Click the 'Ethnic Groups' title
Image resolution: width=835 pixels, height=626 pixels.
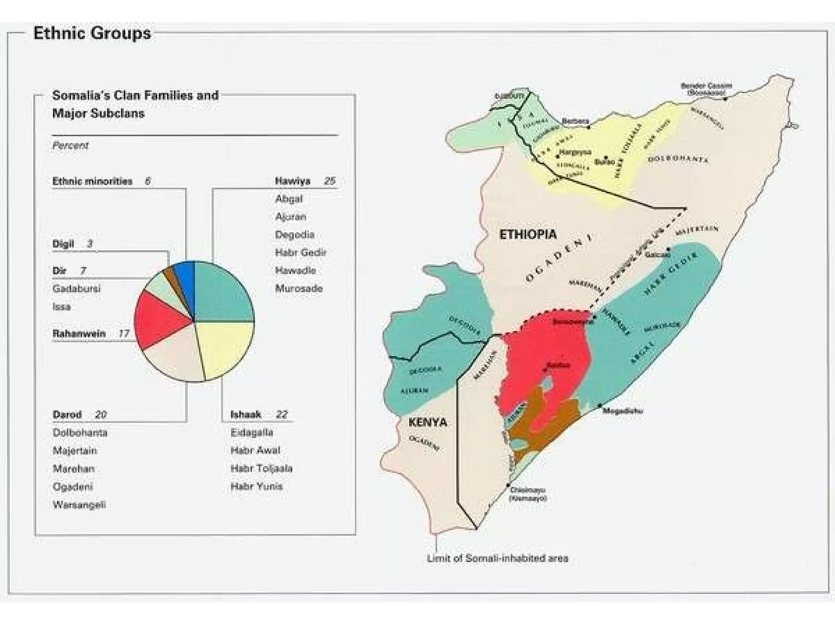point(92,33)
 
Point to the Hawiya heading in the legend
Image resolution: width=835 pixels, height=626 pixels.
point(292,181)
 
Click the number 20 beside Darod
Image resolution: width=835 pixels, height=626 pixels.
point(101,415)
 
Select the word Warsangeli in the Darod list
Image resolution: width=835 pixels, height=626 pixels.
point(79,505)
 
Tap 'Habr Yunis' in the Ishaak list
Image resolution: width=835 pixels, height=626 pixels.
point(256,486)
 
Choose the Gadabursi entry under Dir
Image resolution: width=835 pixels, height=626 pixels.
point(76,289)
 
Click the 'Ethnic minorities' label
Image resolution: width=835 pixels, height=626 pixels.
point(93,181)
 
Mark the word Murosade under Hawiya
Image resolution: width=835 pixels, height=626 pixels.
point(299,289)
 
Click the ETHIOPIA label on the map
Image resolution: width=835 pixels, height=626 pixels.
point(528,234)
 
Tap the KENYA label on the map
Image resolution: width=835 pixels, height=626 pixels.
point(427,422)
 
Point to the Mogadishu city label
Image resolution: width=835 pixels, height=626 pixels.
point(622,411)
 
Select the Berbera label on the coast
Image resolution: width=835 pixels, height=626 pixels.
point(575,121)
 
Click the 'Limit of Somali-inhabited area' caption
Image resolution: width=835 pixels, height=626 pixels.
point(497,558)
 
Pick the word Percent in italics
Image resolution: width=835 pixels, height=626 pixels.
point(70,145)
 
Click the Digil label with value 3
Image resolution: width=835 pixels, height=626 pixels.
point(63,244)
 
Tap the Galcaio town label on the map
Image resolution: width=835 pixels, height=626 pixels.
point(657,255)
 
